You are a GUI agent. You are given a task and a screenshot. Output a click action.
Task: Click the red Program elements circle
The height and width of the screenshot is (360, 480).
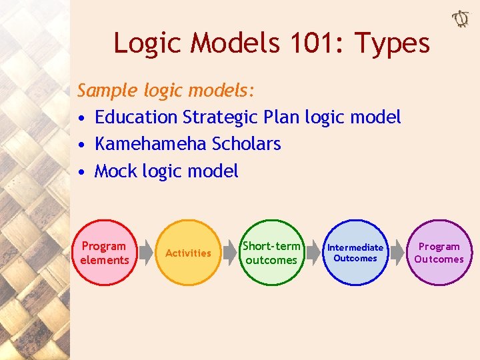[x=105, y=253]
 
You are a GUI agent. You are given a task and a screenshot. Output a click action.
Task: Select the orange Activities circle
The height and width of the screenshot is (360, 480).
[x=188, y=253]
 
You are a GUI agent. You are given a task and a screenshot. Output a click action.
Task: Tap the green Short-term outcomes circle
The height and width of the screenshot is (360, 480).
[x=271, y=253]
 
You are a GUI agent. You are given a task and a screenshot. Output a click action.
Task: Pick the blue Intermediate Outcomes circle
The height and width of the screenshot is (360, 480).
[x=355, y=253]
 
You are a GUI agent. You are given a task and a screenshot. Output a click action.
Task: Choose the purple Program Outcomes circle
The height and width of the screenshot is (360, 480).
[x=439, y=253]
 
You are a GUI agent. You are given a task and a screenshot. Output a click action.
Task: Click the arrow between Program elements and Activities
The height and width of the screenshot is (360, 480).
[x=147, y=253]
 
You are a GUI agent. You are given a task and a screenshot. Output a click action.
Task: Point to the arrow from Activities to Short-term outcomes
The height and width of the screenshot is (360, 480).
[x=230, y=253]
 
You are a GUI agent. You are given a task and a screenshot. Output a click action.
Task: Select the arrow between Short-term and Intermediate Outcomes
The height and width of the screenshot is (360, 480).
[x=313, y=253]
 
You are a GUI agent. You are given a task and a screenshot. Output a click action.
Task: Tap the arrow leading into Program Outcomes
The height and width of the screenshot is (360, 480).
[x=397, y=253]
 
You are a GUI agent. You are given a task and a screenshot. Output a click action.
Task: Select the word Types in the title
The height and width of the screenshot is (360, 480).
[x=392, y=43]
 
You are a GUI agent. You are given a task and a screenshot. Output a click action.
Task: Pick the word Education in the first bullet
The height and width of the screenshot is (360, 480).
[x=137, y=117]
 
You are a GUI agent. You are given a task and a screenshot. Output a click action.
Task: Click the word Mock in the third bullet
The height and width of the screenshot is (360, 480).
[x=116, y=171]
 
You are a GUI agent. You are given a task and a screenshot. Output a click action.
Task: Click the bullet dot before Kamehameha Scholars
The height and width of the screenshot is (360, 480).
[x=81, y=145]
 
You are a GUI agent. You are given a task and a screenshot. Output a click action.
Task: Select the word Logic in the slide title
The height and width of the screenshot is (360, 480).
[x=147, y=43]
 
